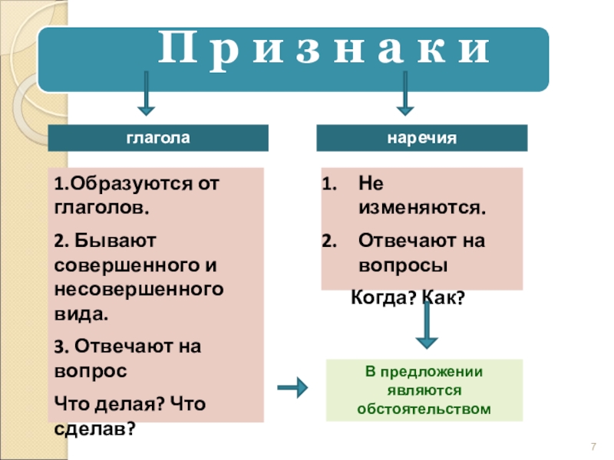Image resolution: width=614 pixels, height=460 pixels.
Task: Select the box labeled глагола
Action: click(158, 139)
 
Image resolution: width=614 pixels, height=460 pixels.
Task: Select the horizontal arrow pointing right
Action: click(292, 389)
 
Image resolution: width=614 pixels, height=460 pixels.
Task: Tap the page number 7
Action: click(593, 448)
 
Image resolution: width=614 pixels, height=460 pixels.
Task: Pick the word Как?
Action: click(440, 299)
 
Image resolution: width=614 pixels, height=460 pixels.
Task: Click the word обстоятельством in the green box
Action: click(424, 409)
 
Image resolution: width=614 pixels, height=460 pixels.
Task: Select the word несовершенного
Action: click(140, 290)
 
